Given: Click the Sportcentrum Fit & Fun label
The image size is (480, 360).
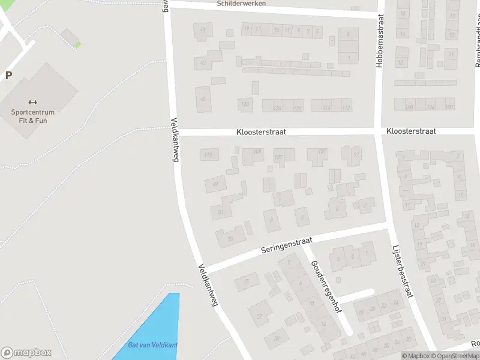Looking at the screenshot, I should [32, 116].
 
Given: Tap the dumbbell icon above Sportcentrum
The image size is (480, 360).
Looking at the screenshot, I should [32, 102].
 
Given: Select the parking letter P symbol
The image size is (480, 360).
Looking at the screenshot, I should [8, 76].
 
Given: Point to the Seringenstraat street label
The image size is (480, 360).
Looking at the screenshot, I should [287, 245].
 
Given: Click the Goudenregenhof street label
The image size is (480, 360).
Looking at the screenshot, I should [326, 287].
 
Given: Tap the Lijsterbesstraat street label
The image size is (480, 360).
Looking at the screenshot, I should [403, 271].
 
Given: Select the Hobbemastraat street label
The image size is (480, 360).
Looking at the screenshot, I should [379, 41].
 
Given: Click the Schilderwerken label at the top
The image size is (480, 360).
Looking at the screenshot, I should [241, 4].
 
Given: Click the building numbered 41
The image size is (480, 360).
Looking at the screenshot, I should [203, 31].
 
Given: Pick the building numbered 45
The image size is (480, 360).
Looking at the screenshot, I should [203, 98].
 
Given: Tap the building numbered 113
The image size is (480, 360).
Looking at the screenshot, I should [208, 155].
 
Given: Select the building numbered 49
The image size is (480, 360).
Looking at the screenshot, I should [215, 184].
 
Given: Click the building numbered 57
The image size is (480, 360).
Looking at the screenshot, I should [260, 316].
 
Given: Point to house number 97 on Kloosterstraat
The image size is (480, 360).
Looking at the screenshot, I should [357, 155].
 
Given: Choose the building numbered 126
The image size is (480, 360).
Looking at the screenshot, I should [277, 108].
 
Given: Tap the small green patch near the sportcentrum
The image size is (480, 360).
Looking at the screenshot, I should [77, 44].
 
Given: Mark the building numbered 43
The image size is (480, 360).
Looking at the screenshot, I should [203, 62].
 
